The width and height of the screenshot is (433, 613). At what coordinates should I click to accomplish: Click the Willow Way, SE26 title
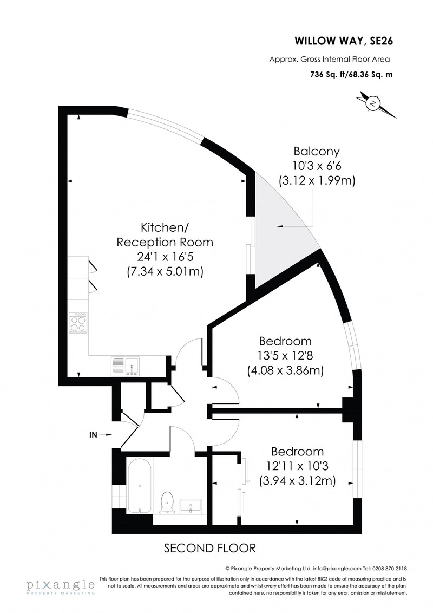click(344, 41)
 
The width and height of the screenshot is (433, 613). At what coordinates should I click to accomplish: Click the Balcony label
click(317, 151)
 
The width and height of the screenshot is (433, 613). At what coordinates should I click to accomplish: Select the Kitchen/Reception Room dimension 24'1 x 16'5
click(165, 257)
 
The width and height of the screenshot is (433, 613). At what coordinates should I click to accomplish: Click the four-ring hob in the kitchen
click(78, 322)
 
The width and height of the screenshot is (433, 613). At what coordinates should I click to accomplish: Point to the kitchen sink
click(126, 366)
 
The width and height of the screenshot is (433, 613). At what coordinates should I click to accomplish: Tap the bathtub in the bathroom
click(139, 485)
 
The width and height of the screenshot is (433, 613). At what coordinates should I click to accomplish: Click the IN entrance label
click(94, 434)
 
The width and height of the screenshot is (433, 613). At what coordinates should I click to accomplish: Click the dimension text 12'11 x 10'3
click(297, 466)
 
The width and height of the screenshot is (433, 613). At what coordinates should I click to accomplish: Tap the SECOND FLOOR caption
click(210, 548)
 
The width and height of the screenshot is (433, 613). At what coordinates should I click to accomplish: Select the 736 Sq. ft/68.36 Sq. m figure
click(351, 74)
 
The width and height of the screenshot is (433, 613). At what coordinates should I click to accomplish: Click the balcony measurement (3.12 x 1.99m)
click(317, 181)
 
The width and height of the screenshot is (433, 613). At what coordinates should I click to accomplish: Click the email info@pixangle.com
click(334, 569)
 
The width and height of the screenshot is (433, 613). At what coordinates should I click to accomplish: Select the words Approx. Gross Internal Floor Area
click(330, 60)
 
